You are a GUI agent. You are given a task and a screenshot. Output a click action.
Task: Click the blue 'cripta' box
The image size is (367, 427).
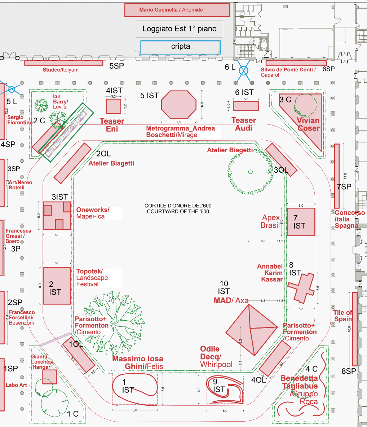pyautogui.click(x=180, y=47)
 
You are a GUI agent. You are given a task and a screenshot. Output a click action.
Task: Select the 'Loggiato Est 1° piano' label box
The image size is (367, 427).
pyautogui.click(x=180, y=29)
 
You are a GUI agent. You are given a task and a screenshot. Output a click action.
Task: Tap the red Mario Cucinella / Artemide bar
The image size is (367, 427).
pyautogui.click(x=177, y=10)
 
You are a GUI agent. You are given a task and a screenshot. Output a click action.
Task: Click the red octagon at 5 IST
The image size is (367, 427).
pyautogui.click(x=179, y=105)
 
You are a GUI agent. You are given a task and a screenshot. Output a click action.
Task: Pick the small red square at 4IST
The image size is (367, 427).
pyautogui.click(x=113, y=106)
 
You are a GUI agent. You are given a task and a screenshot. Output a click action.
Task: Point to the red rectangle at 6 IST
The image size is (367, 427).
pyautogui.click(x=246, y=106)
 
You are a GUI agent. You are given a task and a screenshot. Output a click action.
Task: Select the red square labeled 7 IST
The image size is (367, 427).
pyautogui.click(x=301, y=222)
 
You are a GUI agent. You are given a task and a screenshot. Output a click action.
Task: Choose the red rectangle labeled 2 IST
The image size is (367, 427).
pyautogui.click(x=57, y=286)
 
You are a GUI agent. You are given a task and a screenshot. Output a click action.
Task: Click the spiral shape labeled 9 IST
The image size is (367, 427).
pyautogui.click(x=225, y=389)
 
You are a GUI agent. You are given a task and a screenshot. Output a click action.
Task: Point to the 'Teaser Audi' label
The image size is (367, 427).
pyautogui.click(x=244, y=124)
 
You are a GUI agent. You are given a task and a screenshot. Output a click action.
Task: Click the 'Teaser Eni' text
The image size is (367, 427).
pyautogui.click(x=112, y=125)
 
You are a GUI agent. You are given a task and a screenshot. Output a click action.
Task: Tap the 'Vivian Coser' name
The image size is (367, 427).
pyautogui.click(x=308, y=124)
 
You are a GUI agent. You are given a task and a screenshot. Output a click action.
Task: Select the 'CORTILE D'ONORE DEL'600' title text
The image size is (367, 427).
pyautogui.click(x=178, y=206)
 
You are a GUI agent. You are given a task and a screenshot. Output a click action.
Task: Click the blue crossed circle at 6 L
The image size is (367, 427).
pyautogui.click(x=244, y=70)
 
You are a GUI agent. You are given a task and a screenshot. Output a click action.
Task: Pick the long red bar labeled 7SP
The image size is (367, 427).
pyautogui.click(x=337, y=176)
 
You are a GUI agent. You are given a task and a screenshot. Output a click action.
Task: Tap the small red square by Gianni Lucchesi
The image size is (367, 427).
pyautogui.click(x=49, y=377)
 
